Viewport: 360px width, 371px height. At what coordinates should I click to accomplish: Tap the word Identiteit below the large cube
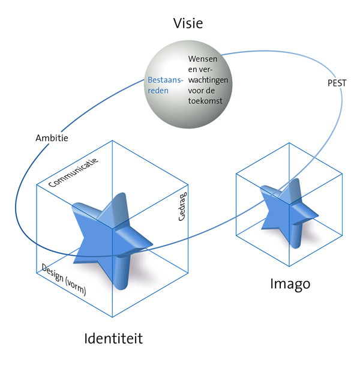tap(114, 339)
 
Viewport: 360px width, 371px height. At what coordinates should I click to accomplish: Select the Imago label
tap(290, 283)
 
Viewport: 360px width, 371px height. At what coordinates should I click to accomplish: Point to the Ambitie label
tap(52, 137)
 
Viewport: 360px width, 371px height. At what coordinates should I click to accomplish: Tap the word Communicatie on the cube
tap(73, 173)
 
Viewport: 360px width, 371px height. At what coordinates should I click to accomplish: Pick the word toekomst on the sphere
tap(205, 101)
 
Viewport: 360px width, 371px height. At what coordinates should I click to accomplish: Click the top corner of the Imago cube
tap(289, 143)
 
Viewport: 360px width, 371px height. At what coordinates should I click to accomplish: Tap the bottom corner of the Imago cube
tap(290, 265)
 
